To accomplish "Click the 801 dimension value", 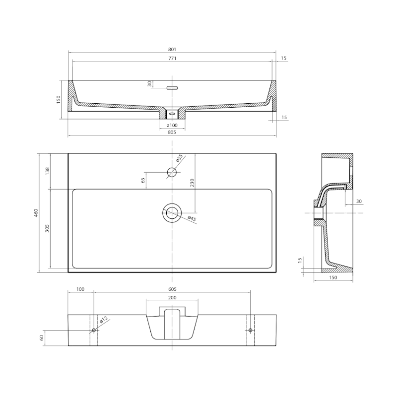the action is click(172, 49).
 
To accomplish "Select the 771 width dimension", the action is click(172, 58).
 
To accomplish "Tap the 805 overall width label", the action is click(172, 132).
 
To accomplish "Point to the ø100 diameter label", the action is click(172, 126).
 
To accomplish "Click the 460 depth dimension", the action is click(36, 213).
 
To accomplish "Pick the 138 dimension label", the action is click(47, 171).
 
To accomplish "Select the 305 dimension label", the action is click(47, 228).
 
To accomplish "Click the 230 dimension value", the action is click(192, 183).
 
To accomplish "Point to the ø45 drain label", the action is click(192, 218).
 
